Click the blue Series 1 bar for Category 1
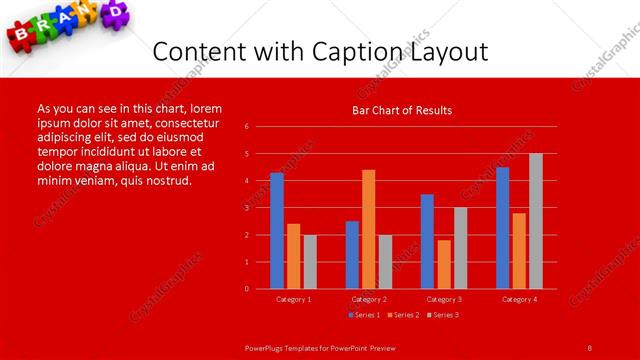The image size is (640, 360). click(276, 231)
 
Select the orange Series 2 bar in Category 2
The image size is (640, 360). click(369, 229)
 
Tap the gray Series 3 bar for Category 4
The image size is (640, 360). click(536, 221)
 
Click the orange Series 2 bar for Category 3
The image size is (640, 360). click(444, 264)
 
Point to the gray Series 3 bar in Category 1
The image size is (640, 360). click(310, 262)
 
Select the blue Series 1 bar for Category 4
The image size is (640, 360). click(502, 228)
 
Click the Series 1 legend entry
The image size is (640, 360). click(364, 315)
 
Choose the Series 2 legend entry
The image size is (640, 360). click(402, 315)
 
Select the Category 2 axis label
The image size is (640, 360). click(369, 299)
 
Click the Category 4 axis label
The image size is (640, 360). click(519, 299)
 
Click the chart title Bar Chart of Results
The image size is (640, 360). click(403, 110)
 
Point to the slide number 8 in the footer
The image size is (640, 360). click(589, 347)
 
